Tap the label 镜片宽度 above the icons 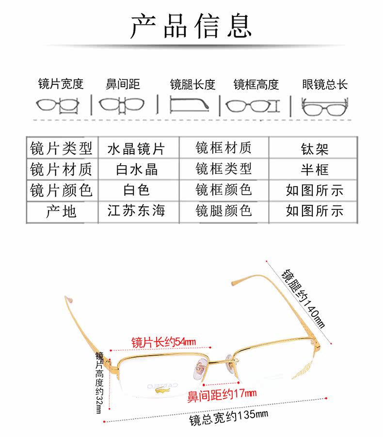(61, 84)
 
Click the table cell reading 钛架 (315, 148)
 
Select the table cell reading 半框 (315, 169)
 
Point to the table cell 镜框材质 (223, 148)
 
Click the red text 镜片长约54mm (163, 342)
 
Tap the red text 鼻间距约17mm (222, 395)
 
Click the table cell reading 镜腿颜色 (223, 211)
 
